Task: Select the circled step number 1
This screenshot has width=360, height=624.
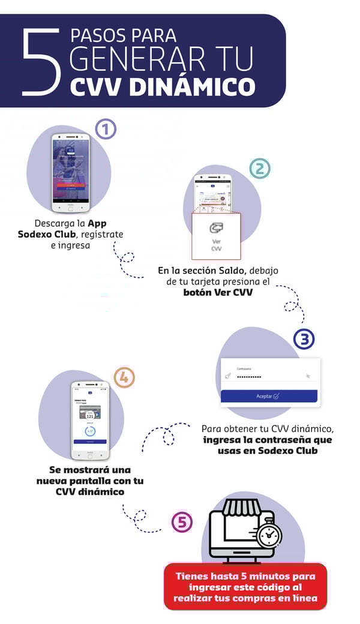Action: (106, 129)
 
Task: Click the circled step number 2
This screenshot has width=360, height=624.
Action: (259, 168)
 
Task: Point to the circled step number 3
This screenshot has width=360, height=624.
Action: (304, 339)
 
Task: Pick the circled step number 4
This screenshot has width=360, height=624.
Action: (124, 377)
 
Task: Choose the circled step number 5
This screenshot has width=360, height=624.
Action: (182, 521)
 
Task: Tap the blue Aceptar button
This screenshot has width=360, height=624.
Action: (269, 396)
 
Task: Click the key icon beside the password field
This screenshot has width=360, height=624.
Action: (228, 376)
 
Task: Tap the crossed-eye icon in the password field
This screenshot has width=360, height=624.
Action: (308, 376)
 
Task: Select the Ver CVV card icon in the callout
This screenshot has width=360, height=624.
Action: (217, 229)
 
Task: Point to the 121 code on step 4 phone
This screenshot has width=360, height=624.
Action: (90, 415)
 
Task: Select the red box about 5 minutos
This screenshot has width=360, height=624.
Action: (245, 586)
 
